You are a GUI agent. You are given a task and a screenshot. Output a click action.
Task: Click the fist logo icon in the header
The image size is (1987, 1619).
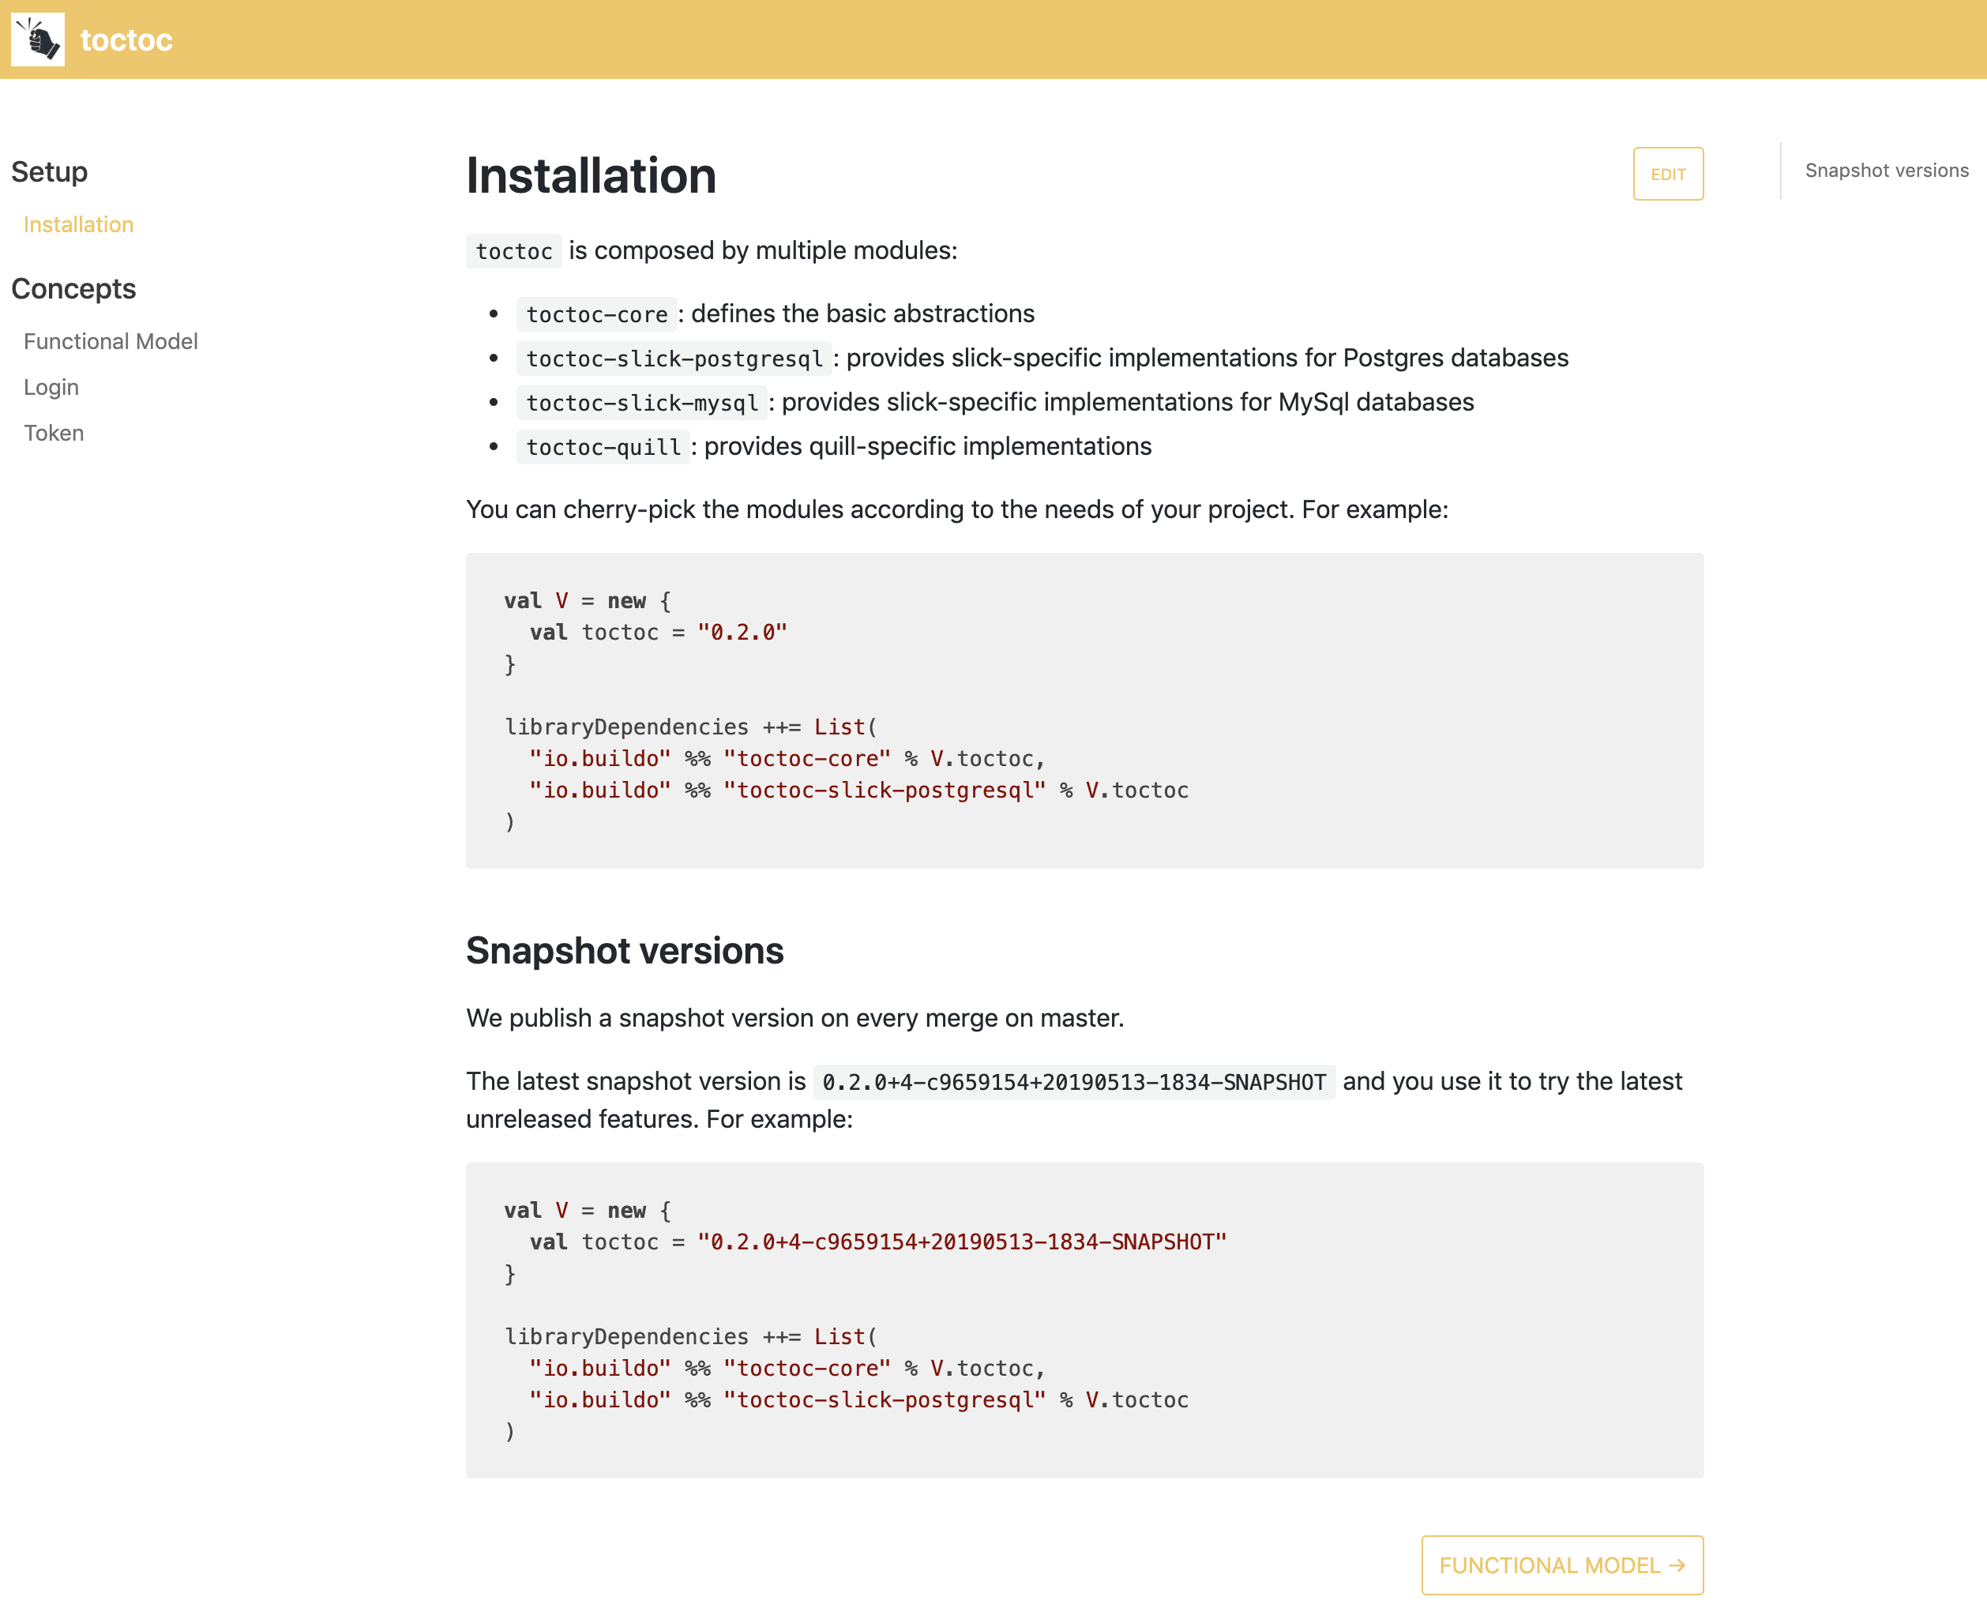pos(38,39)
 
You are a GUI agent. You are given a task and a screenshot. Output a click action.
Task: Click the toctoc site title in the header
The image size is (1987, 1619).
pos(126,40)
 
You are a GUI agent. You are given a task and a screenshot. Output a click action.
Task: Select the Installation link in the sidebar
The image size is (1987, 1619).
pos(78,225)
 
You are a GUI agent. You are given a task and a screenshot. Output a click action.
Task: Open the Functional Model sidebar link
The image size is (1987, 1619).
pos(110,341)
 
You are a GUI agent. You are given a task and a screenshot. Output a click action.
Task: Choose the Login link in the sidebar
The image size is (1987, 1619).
pos(51,387)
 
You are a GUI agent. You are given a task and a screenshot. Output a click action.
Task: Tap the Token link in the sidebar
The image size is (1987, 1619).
pos(54,433)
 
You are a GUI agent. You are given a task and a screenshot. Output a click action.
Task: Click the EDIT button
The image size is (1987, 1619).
pos(1667,174)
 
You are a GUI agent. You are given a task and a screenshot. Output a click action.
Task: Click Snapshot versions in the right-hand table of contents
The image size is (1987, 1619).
pos(1886,171)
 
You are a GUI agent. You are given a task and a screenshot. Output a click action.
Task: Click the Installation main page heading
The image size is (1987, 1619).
pos(592,175)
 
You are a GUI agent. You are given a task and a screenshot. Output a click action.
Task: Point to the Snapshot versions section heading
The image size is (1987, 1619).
pos(625,950)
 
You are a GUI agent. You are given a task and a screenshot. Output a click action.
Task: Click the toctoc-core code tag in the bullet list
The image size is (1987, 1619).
pos(597,314)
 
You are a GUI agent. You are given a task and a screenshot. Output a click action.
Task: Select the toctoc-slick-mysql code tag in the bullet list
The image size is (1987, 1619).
pos(641,403)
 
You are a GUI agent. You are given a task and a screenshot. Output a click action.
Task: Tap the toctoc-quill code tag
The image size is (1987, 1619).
pos(603,447)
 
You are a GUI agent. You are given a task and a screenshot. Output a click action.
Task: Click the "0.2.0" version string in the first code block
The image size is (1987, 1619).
pos(742,633)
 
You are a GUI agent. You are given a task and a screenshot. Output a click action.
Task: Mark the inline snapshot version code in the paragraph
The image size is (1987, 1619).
pos(1074,1082)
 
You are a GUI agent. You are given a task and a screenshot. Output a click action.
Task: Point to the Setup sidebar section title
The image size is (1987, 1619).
pos(50,171)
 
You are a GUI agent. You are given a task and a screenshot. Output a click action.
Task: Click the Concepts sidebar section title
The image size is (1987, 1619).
pos(73,289)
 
